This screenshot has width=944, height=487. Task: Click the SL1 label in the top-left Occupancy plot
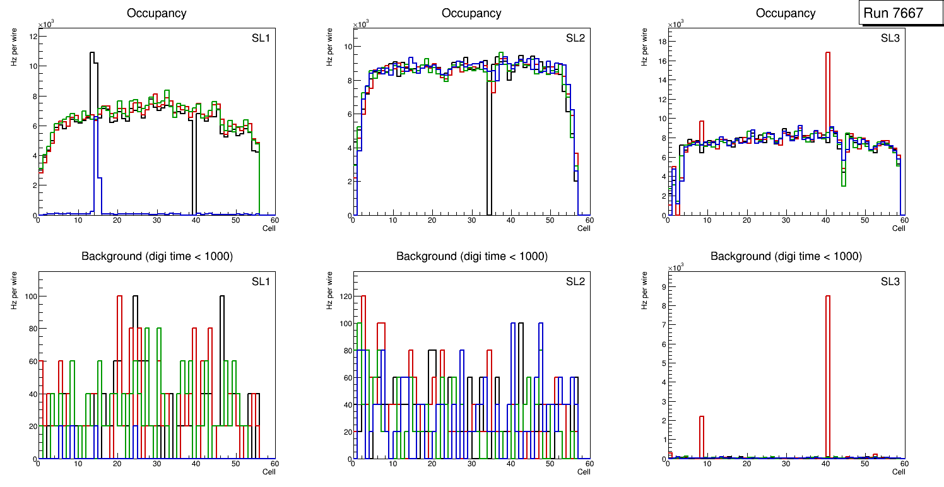pos(260,38)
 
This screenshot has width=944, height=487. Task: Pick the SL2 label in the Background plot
pos(575,281)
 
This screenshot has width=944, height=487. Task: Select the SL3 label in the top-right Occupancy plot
pos(890,38)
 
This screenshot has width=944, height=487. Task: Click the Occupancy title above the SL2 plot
pos(471,13)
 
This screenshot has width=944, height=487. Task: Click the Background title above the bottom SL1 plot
pos(157,256)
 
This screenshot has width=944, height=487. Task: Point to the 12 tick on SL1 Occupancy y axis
pos(32,37)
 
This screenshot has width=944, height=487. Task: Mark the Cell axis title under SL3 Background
pos(898,471)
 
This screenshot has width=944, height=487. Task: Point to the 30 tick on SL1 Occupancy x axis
pos(156,220)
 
